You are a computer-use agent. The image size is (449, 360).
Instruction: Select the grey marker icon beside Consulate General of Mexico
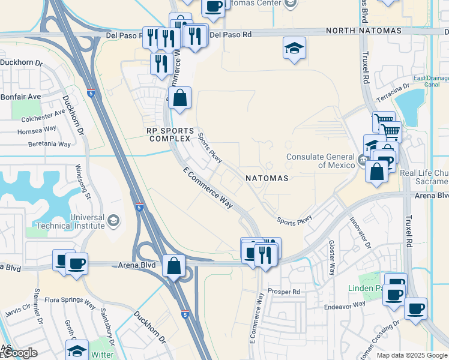tap(363, 160)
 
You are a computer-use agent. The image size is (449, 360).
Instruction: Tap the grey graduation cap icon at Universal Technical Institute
tap(113, 221)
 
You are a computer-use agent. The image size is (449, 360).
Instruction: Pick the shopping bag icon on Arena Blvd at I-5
tap(173, 266)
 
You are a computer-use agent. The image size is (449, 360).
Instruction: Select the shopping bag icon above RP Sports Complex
tap(179, 98)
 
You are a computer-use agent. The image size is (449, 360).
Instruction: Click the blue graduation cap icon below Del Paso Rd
tap(294, 48)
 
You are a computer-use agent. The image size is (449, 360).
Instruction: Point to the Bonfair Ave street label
tap(20, 96)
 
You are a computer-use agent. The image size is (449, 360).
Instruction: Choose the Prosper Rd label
tap(285, 292)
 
